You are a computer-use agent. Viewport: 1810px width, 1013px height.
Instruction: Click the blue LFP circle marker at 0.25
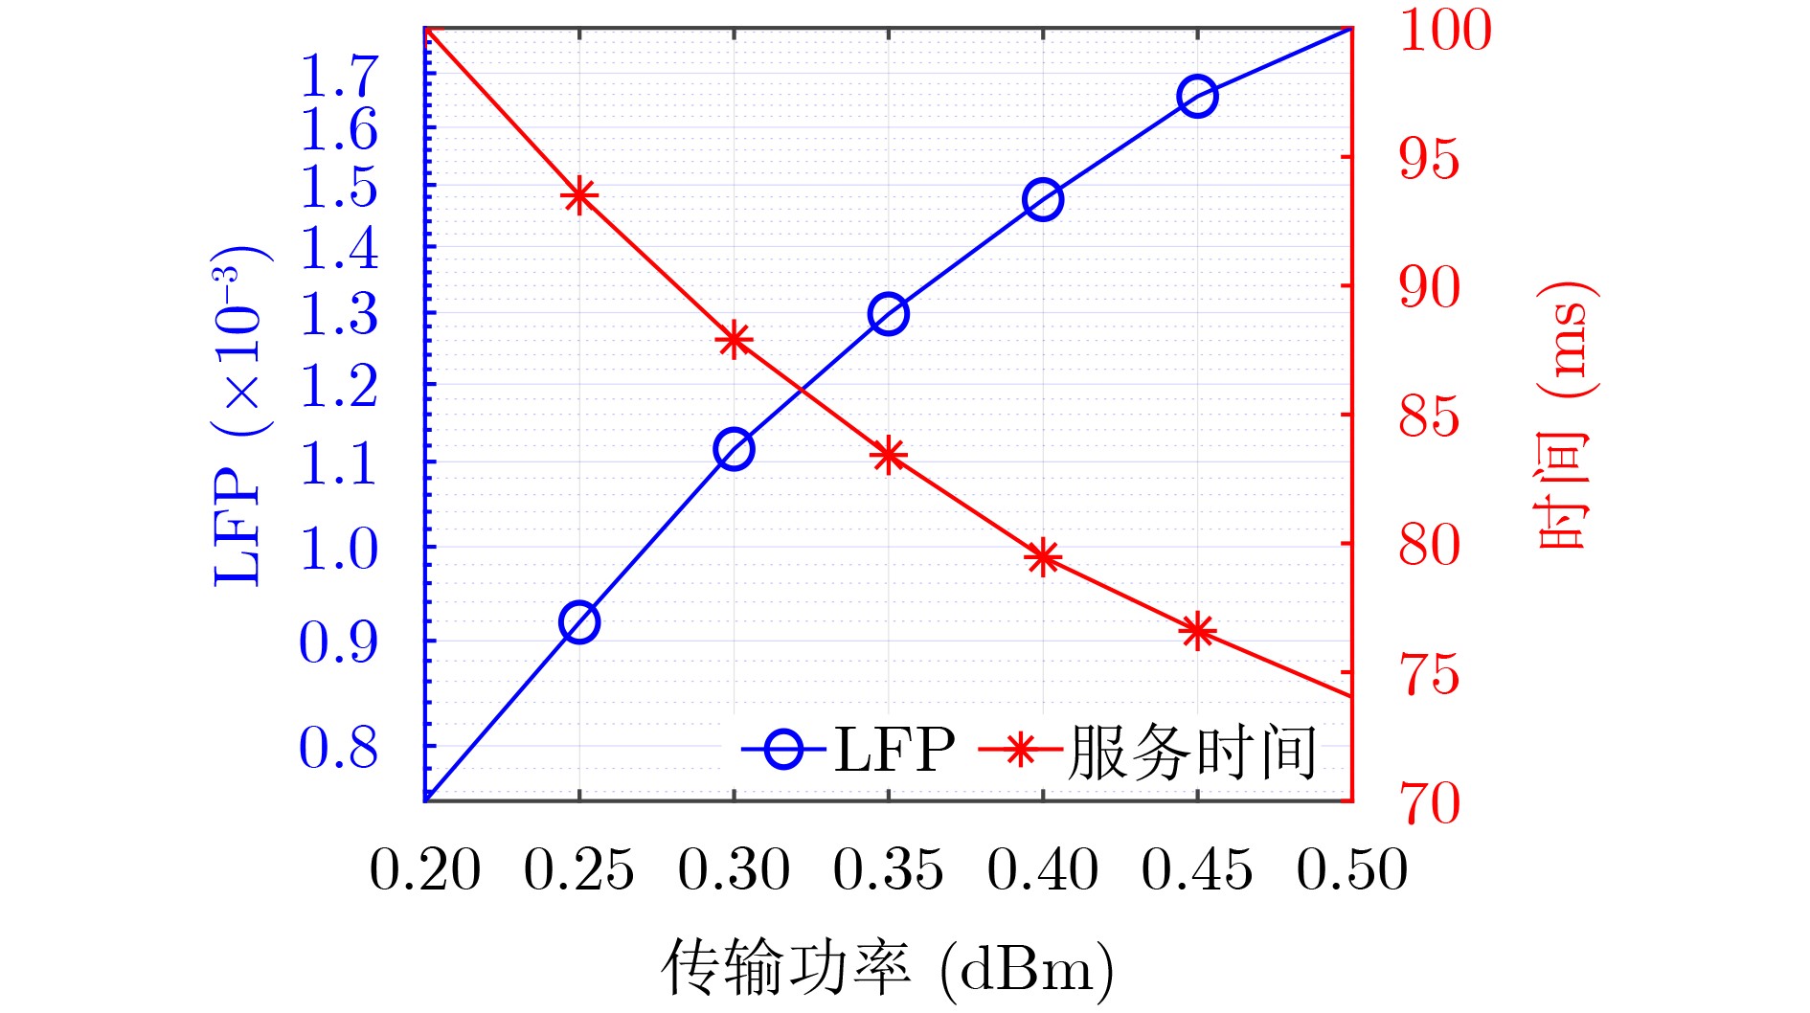[579, 623]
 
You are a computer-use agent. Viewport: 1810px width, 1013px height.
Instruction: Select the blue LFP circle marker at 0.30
[734, 449]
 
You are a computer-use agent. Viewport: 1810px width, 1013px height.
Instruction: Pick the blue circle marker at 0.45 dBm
[1197, 96]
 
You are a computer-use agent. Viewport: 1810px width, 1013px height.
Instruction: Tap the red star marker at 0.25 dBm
[579, 196]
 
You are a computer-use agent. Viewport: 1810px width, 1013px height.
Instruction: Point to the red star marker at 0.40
[1043, 557]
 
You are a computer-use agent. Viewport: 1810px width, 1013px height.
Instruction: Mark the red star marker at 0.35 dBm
[889, 456]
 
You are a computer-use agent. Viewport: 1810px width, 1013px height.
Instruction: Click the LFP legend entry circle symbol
[784, 749]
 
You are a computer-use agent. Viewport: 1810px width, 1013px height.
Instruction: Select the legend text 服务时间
[1193, 752]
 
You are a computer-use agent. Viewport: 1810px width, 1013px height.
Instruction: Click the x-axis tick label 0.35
[888, 870]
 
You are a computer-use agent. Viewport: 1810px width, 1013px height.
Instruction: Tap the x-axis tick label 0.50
[1351, 870]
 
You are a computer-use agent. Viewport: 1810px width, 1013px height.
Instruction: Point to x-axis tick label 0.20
[425, 870]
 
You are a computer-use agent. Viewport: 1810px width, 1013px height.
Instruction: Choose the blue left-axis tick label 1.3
[339, 314]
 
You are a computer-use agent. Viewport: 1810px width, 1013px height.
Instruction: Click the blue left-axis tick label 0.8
[339, 748]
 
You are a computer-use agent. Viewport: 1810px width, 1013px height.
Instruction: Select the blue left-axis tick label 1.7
[339, 76]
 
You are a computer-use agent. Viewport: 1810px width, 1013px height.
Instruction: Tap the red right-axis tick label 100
[1445, 30]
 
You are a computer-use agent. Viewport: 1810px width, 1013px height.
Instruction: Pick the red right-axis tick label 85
[1430, 416]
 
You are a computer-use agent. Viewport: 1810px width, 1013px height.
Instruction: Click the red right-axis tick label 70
[1431, 802]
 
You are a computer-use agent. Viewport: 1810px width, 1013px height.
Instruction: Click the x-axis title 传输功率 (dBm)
[887, 969]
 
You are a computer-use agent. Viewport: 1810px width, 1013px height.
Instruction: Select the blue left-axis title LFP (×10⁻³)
[237, 416]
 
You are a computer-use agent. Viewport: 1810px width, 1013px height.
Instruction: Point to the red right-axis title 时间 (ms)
[1563, 416]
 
